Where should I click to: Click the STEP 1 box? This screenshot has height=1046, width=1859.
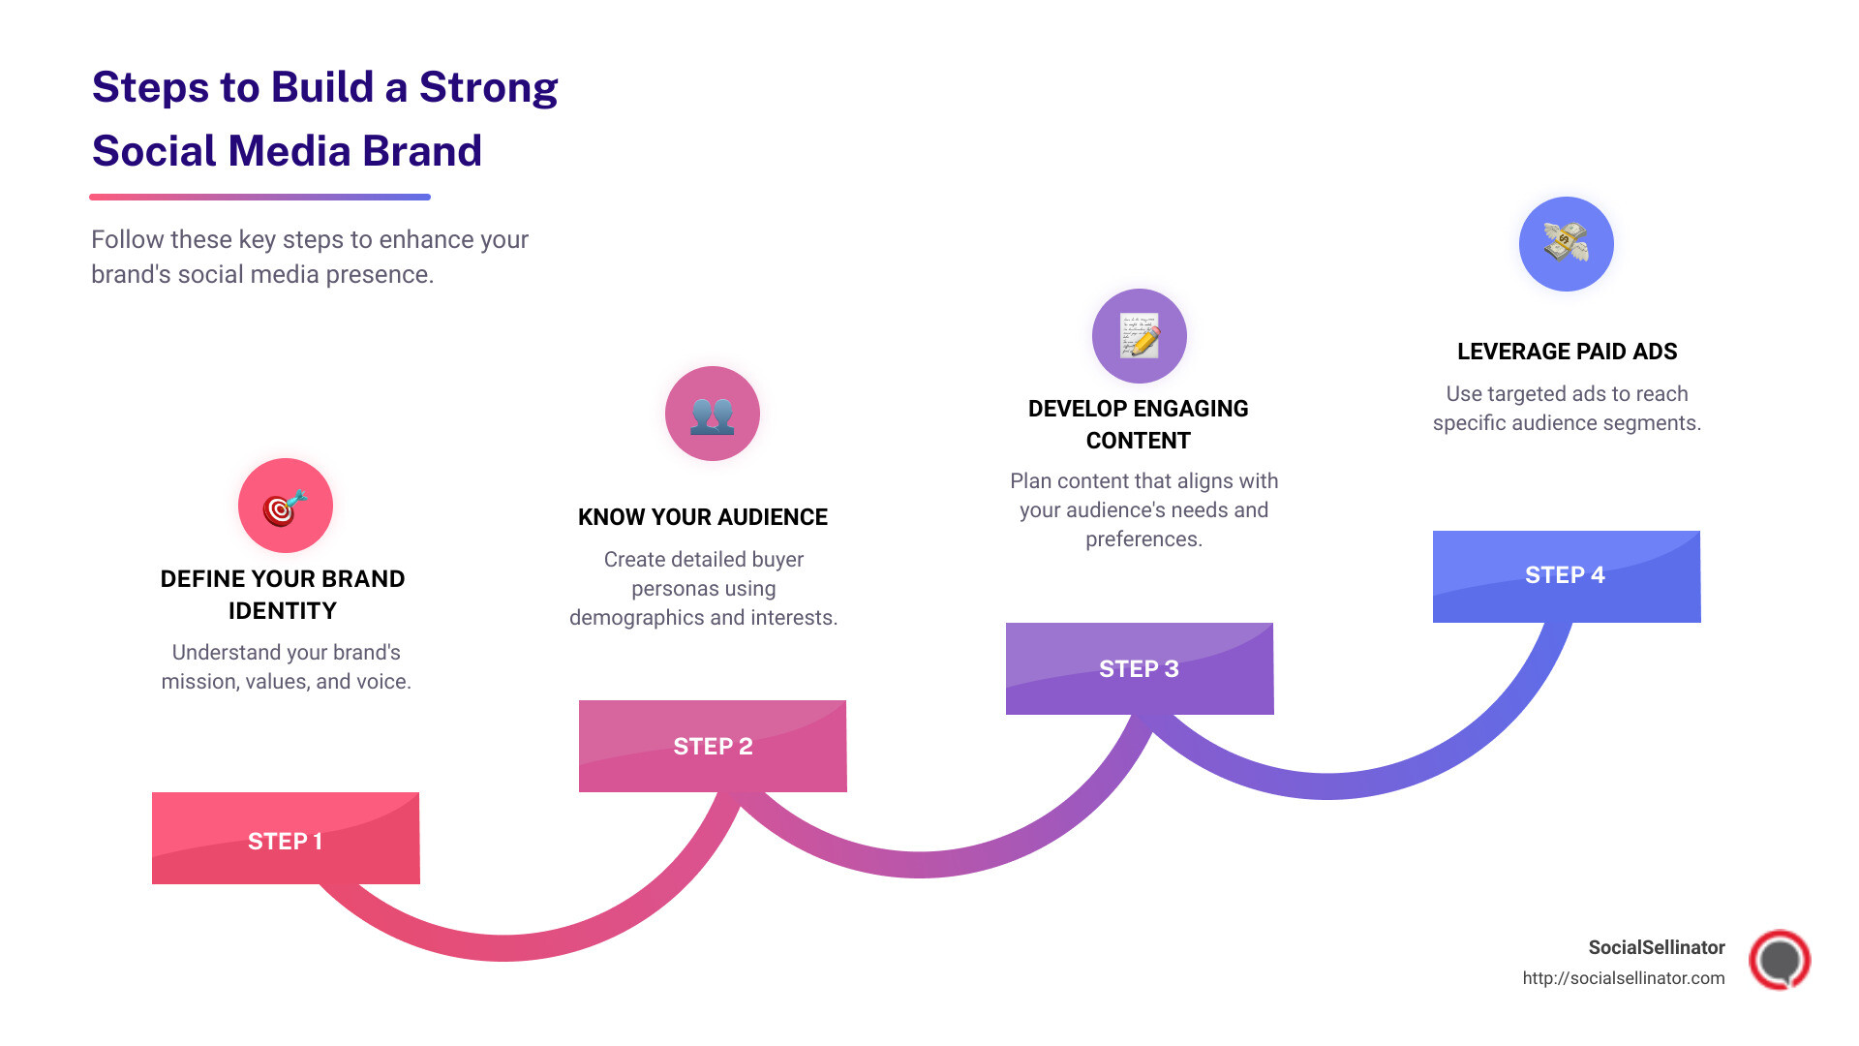(x=286, y=839)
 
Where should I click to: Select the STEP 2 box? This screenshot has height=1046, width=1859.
(x=713, y=746)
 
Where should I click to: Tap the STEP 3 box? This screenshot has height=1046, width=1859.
(x=1140, y=668)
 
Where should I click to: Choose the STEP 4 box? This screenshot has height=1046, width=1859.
(x=1566, y=575)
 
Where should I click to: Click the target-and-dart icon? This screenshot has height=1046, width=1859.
(x=286, y=507)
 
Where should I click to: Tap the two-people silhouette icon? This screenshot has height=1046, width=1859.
(x=713, y=415)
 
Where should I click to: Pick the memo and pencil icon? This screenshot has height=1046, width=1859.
(x=1140, y=336)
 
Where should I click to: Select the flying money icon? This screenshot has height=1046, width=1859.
(x=1566, y=243)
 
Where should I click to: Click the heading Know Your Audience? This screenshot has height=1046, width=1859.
(x=703, y=517)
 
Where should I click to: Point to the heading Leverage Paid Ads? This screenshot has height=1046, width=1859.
(x=1567, y=352)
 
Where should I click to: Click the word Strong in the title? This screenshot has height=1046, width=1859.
(x=488, y=87)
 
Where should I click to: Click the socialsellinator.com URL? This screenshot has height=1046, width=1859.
(x=1623, y=978)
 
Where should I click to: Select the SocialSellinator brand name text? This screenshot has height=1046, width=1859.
(x=1656, y=947)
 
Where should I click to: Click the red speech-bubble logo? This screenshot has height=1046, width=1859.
(x=1779, y=960)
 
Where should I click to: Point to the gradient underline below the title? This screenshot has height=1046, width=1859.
(x=259, y=197)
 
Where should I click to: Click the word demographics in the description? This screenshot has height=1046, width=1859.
(x=632, y=618)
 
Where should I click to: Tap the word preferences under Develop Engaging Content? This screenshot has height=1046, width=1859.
(x=1143, y=539)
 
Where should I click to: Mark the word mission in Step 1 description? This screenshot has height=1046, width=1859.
(x=200, y=682)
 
